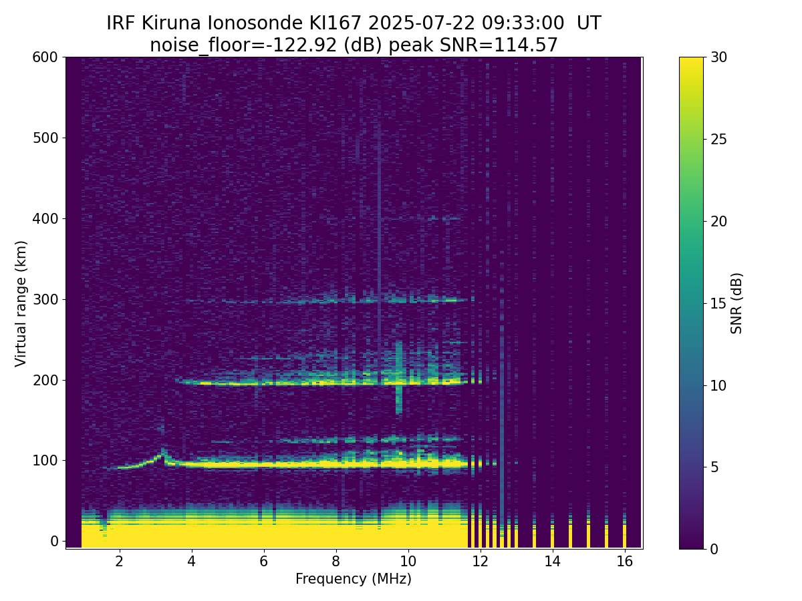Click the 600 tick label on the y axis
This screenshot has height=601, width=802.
[45, 57]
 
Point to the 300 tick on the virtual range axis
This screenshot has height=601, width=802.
[63, 300]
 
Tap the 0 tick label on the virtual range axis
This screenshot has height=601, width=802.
[54, 541]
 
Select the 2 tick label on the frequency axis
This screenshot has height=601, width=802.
[119, 562]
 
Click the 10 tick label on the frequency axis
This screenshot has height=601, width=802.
[408, 562]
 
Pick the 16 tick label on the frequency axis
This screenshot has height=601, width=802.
[624, 562]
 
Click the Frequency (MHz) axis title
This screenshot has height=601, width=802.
[354, 580]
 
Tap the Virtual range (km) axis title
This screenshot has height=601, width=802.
[21, 304]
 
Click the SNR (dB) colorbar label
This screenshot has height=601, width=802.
[737, 303]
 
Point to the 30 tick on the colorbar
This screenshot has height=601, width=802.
[706, 57]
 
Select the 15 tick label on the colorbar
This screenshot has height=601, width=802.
[718, 304]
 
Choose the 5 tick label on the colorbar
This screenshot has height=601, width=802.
[714, 467]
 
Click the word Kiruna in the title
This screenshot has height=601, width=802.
[171, 23]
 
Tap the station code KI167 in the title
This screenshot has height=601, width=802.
[336, 23]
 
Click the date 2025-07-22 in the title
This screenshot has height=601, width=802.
[422, 23]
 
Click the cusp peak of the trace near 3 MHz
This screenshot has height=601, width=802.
[162, 450]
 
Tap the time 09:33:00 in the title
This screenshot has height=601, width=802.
[523, 23]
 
